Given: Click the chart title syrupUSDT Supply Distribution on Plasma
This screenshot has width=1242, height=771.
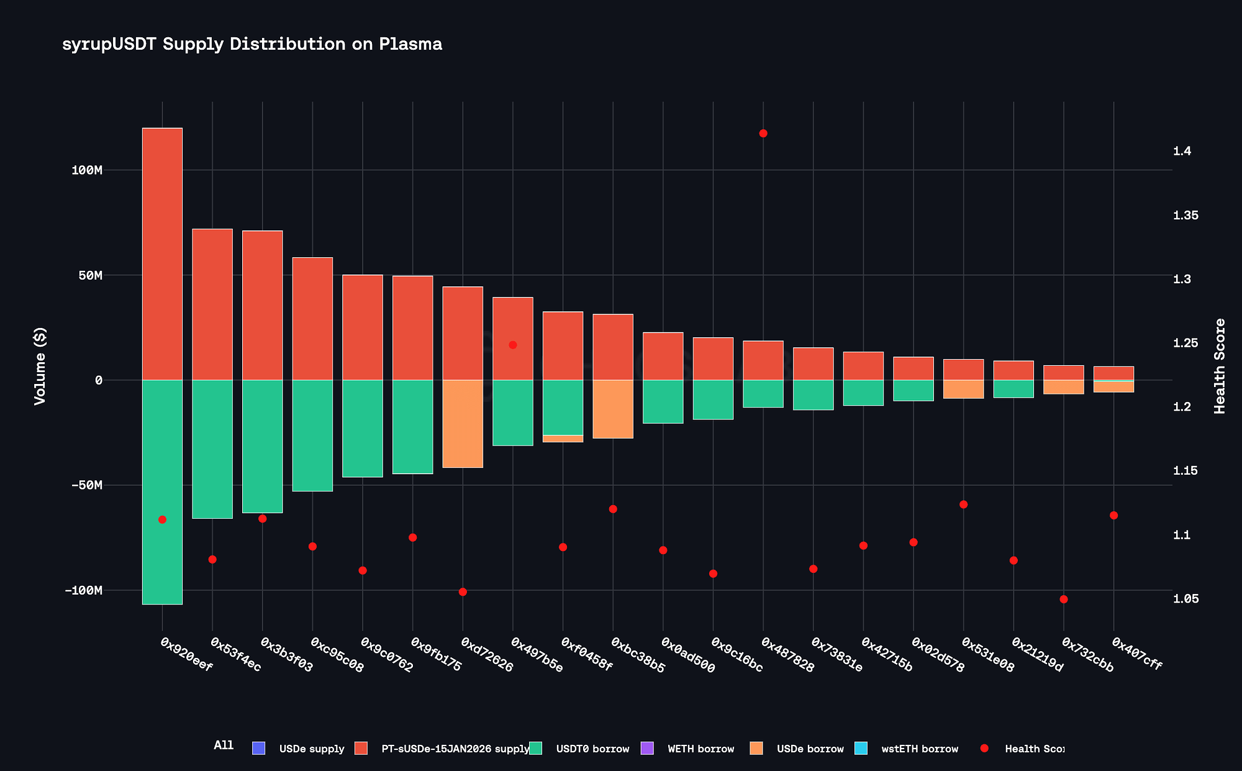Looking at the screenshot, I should [252, 45].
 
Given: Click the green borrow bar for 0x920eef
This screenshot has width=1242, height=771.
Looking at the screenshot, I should [162, 491].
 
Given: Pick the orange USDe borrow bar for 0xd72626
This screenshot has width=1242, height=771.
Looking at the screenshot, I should [463, 424].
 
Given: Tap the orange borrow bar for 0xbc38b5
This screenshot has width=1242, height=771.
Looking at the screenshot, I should [613, 409].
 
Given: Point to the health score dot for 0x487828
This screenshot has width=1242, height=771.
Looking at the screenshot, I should [763, 134].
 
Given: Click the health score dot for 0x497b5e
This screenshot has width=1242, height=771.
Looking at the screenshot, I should [513, 345].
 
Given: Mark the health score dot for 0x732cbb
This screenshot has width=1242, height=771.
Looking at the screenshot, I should [1064, 600].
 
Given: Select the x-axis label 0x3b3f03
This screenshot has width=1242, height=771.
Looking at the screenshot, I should [286, 654].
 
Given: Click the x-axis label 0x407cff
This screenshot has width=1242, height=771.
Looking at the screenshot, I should [1136, 654].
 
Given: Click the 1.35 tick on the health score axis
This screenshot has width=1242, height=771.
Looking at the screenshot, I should [1185, 216].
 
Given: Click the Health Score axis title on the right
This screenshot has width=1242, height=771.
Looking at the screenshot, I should [1220, 367].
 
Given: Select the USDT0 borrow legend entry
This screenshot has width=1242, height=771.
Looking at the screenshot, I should [592, 749].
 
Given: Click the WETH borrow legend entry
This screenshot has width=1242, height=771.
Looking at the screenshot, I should [700, 749].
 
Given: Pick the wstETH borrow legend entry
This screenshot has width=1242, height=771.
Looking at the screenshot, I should [919, 749].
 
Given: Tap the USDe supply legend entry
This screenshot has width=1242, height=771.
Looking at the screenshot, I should [311, 749].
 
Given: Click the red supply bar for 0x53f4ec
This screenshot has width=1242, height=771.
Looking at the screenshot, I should [212, 304].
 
